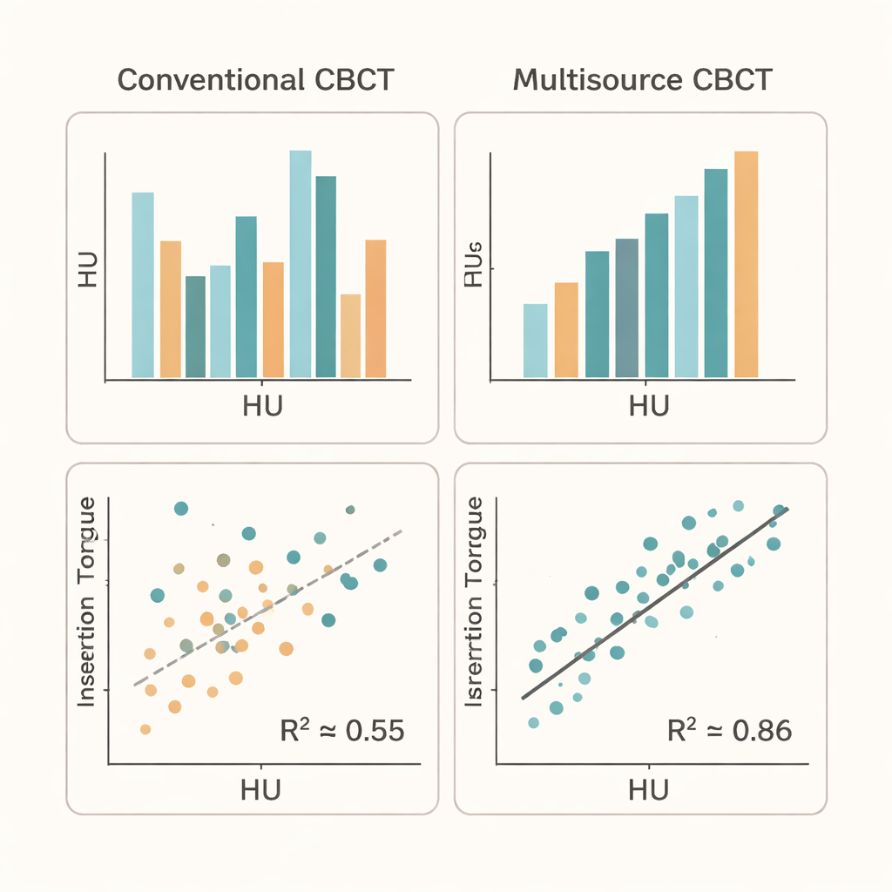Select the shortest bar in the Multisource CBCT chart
click(x=535, y=341)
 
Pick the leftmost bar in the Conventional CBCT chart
click(x=143, y=285)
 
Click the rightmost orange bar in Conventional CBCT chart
click(x=375, y=308)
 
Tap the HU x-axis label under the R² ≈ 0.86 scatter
click(x=649, y=788)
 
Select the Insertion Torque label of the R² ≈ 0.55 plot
click(x=88, y=601)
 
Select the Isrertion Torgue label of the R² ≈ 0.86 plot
click(x=476, y=601)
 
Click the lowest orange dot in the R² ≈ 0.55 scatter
click(x=145, y=729)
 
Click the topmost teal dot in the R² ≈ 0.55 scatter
click(x=181, y=509)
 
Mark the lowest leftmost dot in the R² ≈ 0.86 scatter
click(x=533, y=722)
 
